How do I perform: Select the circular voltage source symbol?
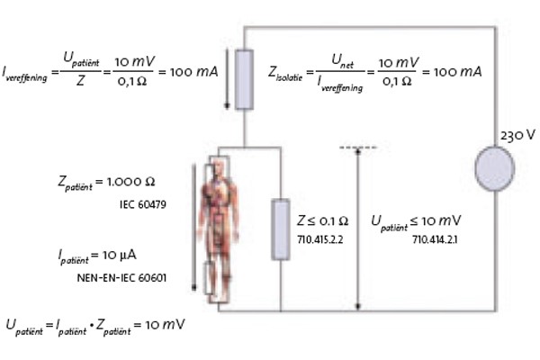(x=495, y=168)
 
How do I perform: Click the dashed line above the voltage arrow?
(x=358, y=146)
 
